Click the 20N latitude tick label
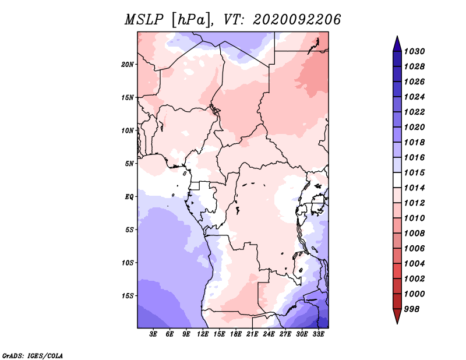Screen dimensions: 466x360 (x=128, y=65)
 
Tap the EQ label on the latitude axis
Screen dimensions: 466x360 (x=129, y=197)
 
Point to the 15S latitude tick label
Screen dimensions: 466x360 (x=128, y=296)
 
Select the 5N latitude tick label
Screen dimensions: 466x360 (x=129, y=164)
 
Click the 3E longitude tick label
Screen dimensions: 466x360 (x=153, y=334)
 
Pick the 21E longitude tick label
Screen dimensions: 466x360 (x=252, y=334)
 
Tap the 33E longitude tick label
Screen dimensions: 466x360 (x=318, y=334)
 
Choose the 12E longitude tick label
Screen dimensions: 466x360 (x=203, y=334)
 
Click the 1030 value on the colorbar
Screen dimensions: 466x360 (x=415, y=51)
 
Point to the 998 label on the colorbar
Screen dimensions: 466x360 (x=412, y=309)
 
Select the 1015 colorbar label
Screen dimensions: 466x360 (x=415, y=172)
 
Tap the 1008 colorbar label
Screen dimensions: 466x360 (x=415, y=234)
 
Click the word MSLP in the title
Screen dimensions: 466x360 (x=144, y=20)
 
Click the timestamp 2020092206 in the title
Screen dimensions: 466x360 (x=296, y=20)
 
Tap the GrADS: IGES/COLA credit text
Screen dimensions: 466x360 (x=33, y=355)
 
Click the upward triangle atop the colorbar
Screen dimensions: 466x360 (x=397, y=44)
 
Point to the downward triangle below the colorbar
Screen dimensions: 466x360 (x=397, y=316)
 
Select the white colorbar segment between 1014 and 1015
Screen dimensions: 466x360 (x=397, y=180)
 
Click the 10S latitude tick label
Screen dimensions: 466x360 (x=128, y=263)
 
